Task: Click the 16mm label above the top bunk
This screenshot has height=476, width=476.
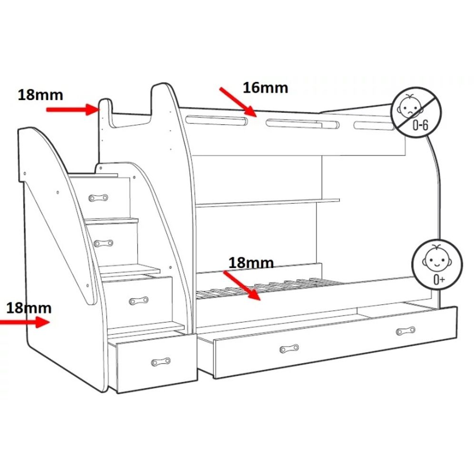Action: coord(265,88)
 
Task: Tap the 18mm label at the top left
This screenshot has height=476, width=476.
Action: coord(40,95)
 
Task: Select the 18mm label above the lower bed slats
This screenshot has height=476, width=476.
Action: coord(251,263)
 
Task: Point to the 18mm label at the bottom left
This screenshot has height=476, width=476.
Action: coord(29,308)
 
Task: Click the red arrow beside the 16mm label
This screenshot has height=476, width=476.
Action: coord(238,102)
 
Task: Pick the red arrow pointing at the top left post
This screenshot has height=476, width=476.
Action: coord(73,109)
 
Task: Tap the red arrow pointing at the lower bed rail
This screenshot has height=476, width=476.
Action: coord(242,286)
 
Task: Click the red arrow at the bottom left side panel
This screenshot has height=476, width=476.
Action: coord(25,322)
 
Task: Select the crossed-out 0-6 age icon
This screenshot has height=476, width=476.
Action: coord(416,113)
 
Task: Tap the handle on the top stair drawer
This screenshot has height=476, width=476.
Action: coord(98,198)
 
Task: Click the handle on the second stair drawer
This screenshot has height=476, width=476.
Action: coord(103,243)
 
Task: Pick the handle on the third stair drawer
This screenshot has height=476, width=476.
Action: coord(139,300)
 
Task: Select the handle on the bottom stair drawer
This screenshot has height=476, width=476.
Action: coord(161,362)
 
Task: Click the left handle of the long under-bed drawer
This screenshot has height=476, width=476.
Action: coord(289,348)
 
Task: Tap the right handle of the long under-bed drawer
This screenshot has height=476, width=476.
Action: coord(406,331)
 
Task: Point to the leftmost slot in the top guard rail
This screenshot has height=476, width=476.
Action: coord(217,120)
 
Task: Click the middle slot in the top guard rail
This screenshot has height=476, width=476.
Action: coord(303,124)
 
